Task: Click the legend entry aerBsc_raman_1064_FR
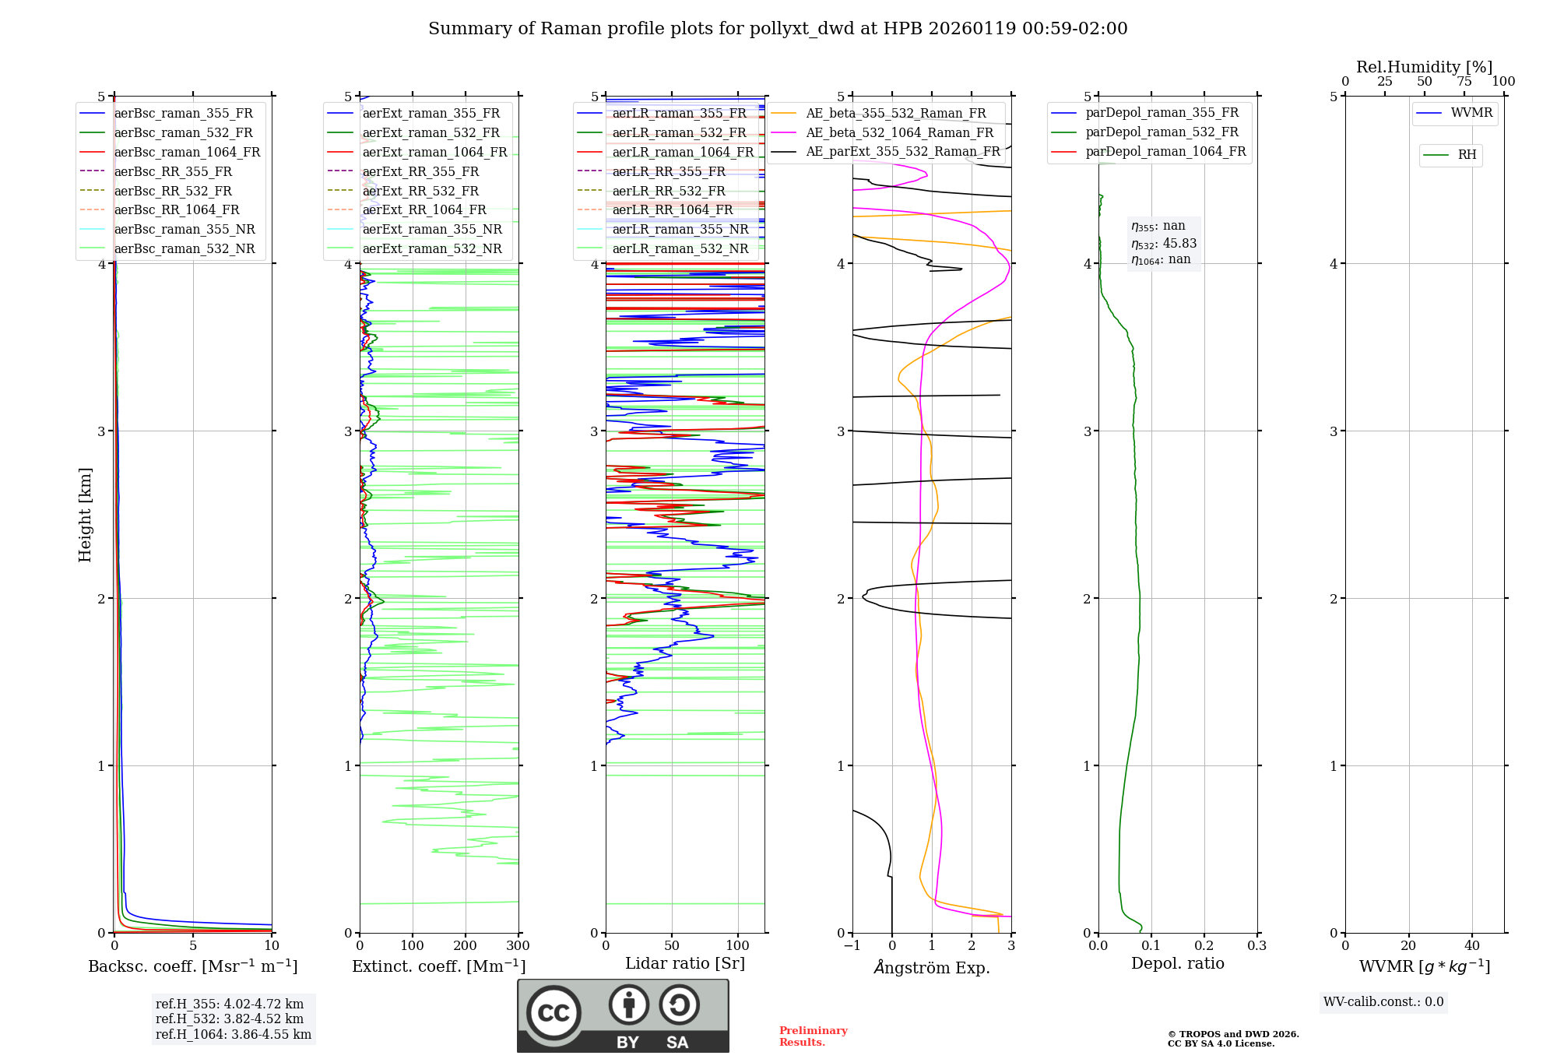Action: pyautogui.click(x=187, y=153)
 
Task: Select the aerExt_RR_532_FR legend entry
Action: pyautogui.click(x=420, y=191)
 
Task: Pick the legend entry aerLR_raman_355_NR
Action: pyautogui.click(x=680, y=230)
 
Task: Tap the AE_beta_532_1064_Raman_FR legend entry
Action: pyautogui.click(x=899, y=133)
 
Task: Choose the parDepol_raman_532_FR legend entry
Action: pyautogui.click(x=1162, y=132)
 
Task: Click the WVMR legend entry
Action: pyautogui.click(x=1471, y=113)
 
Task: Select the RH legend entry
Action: pyautogui.click(x=1467, y=155)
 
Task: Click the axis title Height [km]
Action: pyautogui.click(x=85, y=515)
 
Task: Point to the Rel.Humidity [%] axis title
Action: pyautogui.click(x=1424, y=67)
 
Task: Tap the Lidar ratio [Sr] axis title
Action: pyautogui.click(x=685, y=963)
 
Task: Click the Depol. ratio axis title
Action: pyautogui.click(x=1177, y=963)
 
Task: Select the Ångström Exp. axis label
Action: pyautogui.click(x=932, y=968)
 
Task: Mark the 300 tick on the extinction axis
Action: pyautogui.click(x=518, y=946)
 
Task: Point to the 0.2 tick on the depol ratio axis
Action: pyautogui.click(x=1204, y=946)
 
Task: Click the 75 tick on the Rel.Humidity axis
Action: pyautogui.click(x=1464, y=82)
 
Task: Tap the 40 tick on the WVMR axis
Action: pyautogui.click(x=1471, y=946)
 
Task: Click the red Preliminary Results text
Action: pyautogui.click(x=813, y=1036)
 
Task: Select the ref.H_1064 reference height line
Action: pyautogui.click(x=234, y=1035)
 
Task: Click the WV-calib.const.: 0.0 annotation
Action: pyautogui.click(x=1383, y=1002)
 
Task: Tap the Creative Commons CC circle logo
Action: pyautogui.click(x=554, y=1013)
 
